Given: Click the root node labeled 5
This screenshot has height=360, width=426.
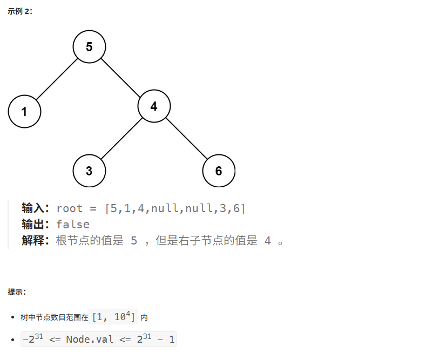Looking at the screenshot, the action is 89,47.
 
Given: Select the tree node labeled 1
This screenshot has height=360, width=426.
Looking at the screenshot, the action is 24,112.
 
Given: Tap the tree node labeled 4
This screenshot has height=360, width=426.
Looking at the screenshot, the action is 154,106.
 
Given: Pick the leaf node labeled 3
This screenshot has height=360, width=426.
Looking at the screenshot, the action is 89,171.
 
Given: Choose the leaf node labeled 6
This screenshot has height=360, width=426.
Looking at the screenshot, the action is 219,171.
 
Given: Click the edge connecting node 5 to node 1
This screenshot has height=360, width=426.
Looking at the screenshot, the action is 57,79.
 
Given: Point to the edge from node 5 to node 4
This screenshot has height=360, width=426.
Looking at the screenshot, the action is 121,77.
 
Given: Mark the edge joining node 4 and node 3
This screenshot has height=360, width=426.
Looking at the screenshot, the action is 121,138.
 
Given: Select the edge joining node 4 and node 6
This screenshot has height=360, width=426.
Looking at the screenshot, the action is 186,138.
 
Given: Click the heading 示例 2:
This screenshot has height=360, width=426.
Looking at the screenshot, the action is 21,11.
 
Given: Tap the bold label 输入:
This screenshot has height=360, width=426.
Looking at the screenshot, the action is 36,208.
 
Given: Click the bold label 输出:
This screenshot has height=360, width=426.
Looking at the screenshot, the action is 36,224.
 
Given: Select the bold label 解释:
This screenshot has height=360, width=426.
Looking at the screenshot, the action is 36,240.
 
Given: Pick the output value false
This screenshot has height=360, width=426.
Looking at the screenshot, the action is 73,224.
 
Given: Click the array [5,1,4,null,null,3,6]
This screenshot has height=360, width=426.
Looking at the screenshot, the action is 175,208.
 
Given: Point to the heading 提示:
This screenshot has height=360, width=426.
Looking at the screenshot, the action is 17,292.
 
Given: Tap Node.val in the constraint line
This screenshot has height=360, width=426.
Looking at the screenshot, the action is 89,339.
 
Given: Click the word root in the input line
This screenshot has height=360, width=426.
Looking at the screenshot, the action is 69,208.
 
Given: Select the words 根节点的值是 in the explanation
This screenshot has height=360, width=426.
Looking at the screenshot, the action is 90,240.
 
